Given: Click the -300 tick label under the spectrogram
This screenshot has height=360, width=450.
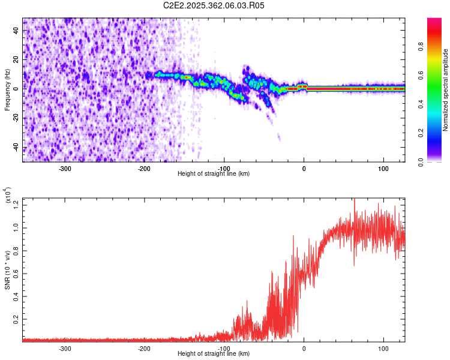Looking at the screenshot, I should (65, 168).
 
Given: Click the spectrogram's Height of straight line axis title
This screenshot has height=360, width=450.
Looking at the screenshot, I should (214, 174).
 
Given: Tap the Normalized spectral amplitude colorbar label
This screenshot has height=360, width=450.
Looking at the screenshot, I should (446, 90).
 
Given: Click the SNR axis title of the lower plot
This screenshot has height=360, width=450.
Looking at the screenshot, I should (7, 269).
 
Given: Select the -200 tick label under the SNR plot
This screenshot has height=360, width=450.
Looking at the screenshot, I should (144, 348).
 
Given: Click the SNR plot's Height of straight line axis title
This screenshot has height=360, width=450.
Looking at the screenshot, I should (214, 354).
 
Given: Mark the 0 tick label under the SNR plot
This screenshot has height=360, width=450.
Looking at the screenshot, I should (304, 348).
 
